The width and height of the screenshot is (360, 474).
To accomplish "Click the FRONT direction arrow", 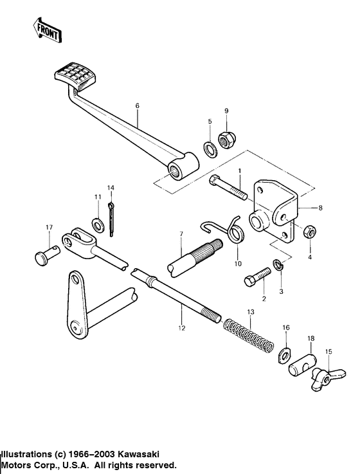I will coord(46,30).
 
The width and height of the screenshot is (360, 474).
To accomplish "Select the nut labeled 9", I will coord(227,138).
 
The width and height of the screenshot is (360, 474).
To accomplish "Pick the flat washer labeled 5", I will coord(210,149).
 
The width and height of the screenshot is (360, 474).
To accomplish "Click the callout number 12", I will coord(182,327).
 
